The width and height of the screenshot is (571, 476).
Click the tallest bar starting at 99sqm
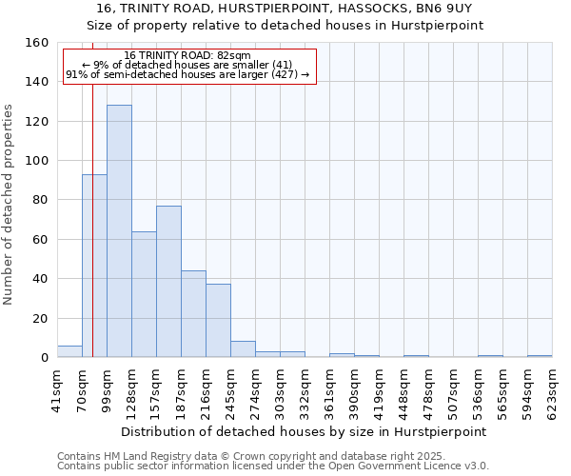pyautogui.click(x=119, y=231)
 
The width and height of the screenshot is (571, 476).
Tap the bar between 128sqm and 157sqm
pyautogui.click(x=144, y=294)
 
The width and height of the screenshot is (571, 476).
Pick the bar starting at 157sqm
pyautogui.click(x=168, y=282)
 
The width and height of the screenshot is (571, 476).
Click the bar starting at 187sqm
pyautogui.click(x=193, y=314)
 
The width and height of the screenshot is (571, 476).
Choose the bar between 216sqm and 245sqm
pyautogui.click(x=218, y=321)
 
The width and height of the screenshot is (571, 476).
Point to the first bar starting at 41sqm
pyautogui.click(x=69, y=351)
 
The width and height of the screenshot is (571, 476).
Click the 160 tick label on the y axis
pyautogui.click(x=37, y=43)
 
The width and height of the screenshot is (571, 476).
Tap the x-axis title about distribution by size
pyautogui.click(x=304, y=431)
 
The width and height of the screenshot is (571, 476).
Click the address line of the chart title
pyautogui.click(x=285, y=9)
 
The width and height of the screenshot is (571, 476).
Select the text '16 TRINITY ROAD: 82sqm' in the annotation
pyautogui.click(x=187, y=56)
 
